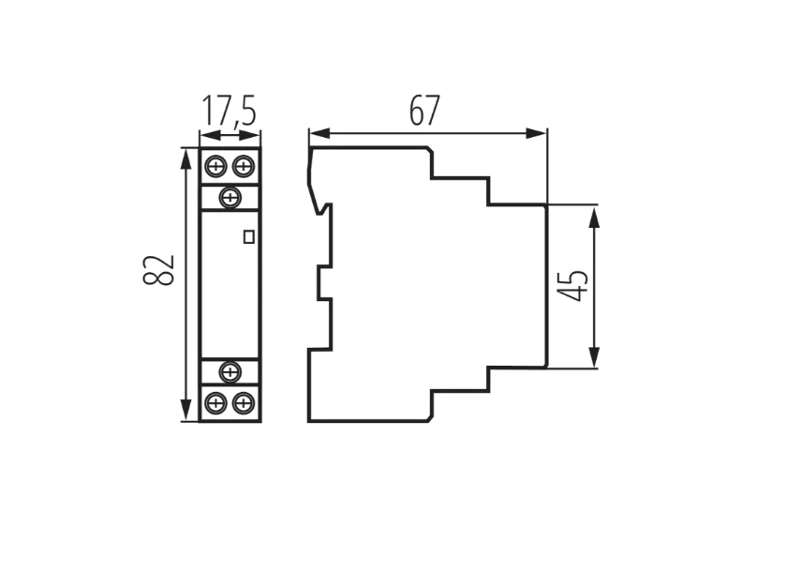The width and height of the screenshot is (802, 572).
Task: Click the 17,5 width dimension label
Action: [229, 110]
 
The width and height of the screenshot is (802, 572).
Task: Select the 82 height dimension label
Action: [158, 270]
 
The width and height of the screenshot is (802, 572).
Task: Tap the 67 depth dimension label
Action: [424, 111]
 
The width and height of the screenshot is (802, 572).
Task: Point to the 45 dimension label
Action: [572, 285]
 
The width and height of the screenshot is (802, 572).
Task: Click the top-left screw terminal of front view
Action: [215, 166]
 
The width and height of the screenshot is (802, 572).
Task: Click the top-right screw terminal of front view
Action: [244, 166]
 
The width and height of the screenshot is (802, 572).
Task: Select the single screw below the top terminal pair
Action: [230, 197]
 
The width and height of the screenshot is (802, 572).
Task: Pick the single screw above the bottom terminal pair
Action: [230, 371]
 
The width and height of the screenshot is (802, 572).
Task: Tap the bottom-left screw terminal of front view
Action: [215, 403]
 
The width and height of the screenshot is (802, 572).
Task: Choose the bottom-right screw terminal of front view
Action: [244, 403]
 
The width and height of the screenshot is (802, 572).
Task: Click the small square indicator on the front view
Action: [249, 236]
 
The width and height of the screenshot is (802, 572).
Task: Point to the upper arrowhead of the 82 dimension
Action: [188, 158]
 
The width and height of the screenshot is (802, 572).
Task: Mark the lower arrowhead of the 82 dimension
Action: [188, 411]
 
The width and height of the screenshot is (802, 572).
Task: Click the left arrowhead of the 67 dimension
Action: [319, 134]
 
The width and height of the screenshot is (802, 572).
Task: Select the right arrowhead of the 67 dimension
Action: [536, 134]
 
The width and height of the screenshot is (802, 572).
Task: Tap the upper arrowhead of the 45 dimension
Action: [594, 216]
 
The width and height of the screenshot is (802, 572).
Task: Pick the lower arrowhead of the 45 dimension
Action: [594, 357]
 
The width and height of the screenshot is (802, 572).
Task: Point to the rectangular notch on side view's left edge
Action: [324, 282]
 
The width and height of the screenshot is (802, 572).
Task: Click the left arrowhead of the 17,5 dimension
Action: [210, 136]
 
